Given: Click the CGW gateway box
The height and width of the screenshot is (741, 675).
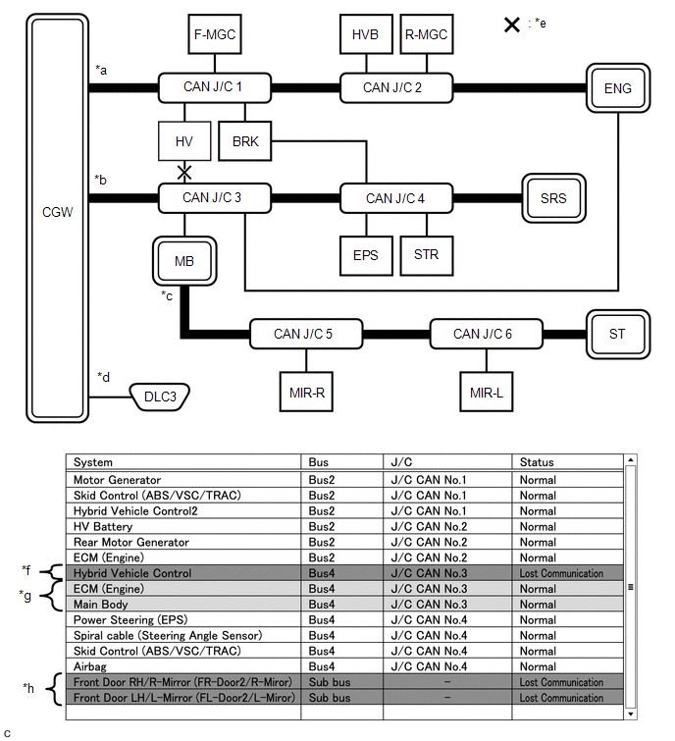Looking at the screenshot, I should coord(58,210).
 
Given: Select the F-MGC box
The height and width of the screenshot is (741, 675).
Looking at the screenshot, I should coord(214,35).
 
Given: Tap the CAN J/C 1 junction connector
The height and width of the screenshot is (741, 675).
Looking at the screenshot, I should coord(214,87).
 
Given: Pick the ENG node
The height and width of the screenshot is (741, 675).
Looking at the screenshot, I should coord(617,88).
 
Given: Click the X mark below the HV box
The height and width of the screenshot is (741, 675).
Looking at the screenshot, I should coord(183,173).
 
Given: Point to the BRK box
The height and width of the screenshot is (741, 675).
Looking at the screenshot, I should coord(245,141).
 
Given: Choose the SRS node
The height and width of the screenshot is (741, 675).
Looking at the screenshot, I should coord(552,198).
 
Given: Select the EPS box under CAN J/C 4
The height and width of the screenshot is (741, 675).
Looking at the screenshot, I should coord(365,255).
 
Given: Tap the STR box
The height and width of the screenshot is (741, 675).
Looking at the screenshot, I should coord(426,255).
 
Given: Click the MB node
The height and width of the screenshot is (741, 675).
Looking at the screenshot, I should coord(183,261).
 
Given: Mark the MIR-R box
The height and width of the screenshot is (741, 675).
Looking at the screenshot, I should coord(306,392).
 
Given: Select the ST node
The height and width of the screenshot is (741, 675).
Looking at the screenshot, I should coord(616,334).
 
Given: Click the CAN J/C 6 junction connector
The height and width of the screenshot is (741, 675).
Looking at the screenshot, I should coord(482,334).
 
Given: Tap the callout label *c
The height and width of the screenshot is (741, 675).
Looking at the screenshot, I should coord(167,294).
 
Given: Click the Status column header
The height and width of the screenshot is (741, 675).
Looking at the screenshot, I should coord(537,462).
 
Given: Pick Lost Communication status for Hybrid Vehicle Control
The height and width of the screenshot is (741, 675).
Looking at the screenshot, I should coord(561,573).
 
